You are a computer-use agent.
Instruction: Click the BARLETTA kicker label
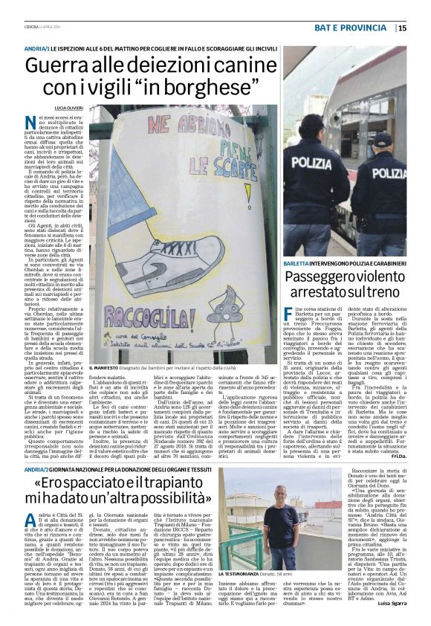click(298, 263)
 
